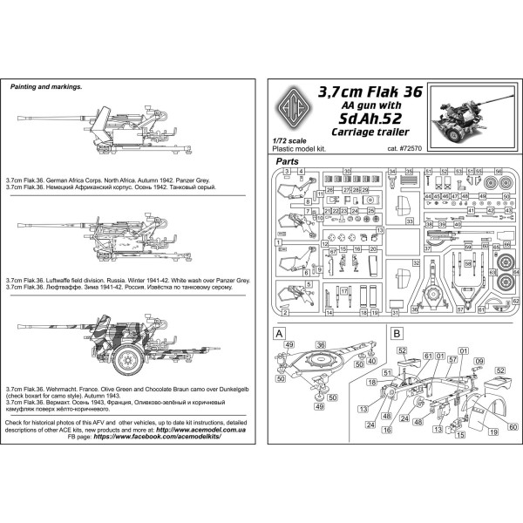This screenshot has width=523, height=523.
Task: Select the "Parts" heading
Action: click(289, 162)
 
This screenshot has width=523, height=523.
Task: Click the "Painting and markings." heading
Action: click(44, 87)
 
